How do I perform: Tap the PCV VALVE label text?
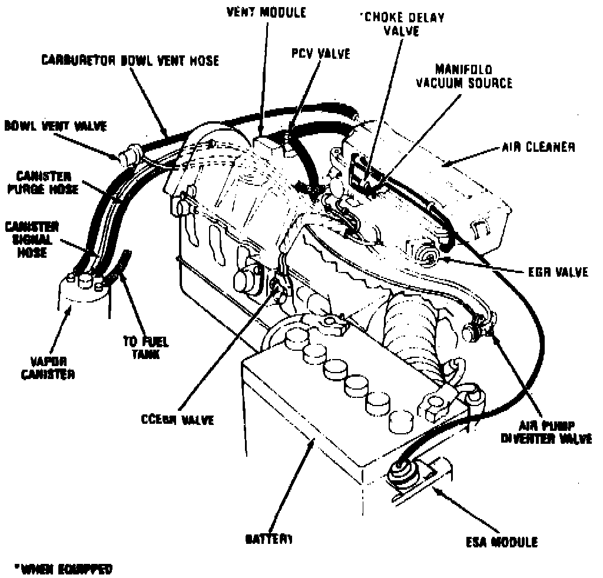pos(320,54)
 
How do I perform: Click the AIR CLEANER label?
pos(538,147)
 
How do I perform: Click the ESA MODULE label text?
pos(501,542)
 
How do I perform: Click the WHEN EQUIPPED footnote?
pos(64,569)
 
